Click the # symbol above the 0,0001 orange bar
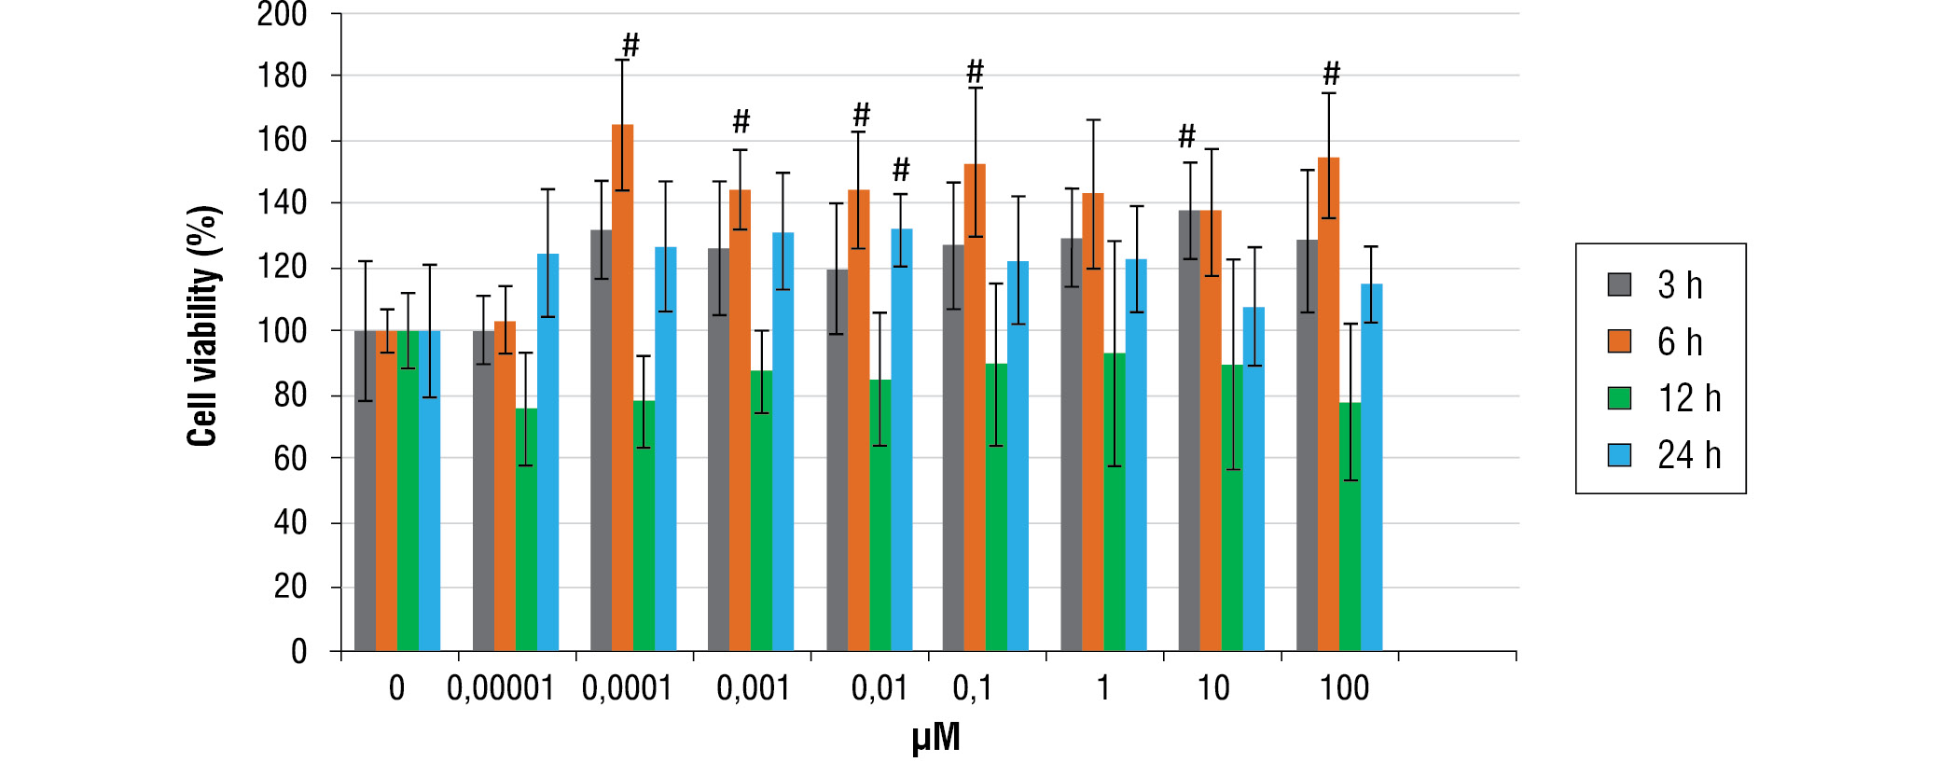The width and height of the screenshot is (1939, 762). (630, 45)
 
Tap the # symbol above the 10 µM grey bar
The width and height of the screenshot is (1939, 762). (1186, 136)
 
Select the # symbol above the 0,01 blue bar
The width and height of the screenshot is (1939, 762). (901, 170)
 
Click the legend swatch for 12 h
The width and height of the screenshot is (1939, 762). (1620, 398)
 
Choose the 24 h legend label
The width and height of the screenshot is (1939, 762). (1689, 455)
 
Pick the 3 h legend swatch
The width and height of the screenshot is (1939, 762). (1620, 284)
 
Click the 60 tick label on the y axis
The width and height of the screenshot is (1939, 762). (290, 459)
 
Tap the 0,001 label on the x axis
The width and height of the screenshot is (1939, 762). (753, 688)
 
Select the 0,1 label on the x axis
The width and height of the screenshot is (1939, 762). (973, 688)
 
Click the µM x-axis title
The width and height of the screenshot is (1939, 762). (935, 738)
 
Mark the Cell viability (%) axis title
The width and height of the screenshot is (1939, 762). (203, 326)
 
